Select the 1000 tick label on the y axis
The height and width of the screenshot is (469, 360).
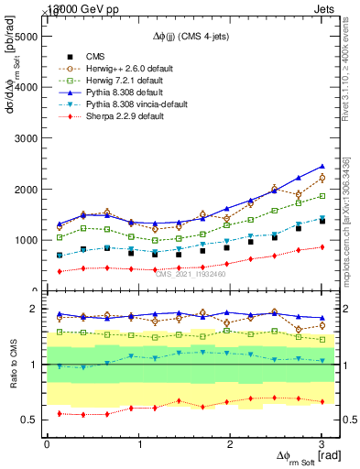pyautogui.click(x=27, y=240)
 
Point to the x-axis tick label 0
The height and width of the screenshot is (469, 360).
pyautogui.click(x=47, y=444)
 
